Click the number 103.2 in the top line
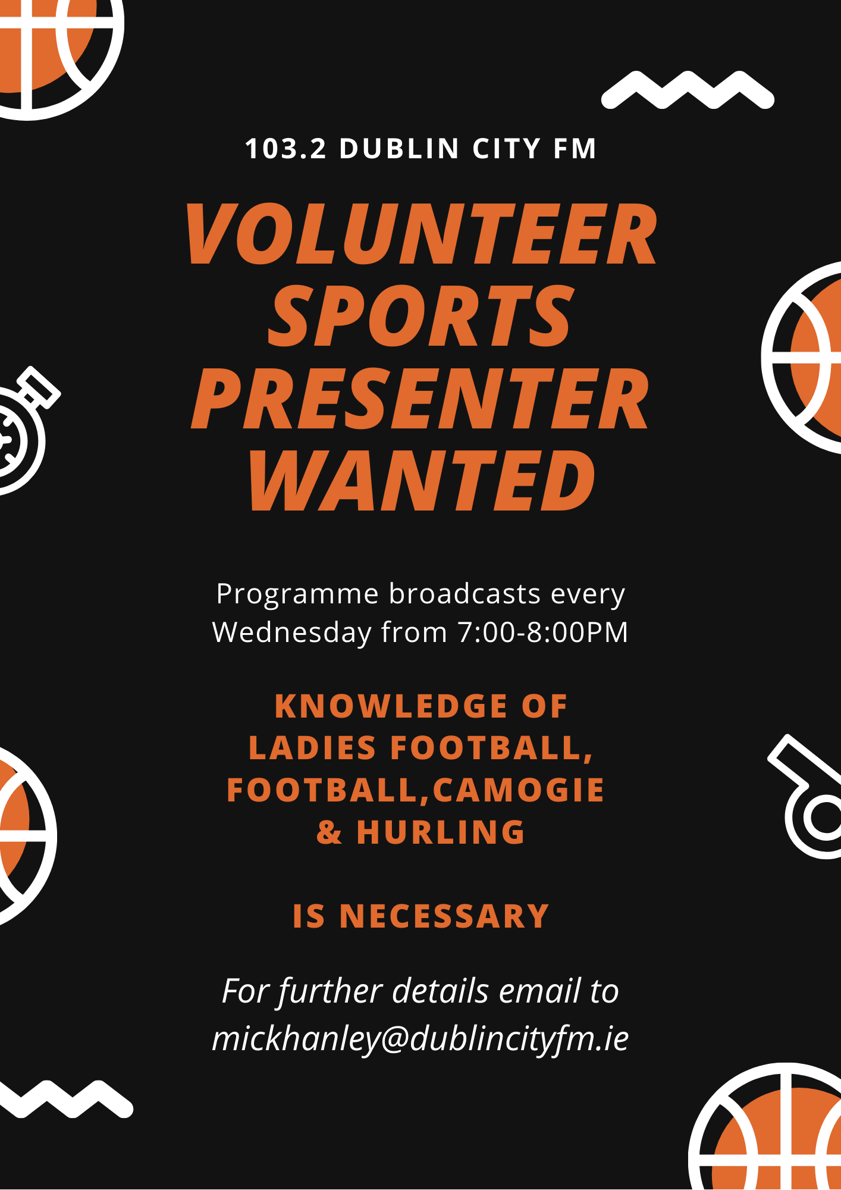coord(285,149)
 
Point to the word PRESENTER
coord(420,398)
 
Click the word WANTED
coord(422,480)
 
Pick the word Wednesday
coord(292,633)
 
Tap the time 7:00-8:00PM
coord(543,632)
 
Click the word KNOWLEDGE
coord(391,706)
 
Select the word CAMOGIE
coord(519,790)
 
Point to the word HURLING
coord(441,832)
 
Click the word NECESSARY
coord(444,916)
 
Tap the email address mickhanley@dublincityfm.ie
coord(421,1039)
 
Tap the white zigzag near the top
coord(688,90)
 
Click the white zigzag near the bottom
coord(65,1099)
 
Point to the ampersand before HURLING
coord(330,832)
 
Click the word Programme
coord(297,594)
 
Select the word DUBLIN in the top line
coord(400,149)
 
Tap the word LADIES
coord(312,748)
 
